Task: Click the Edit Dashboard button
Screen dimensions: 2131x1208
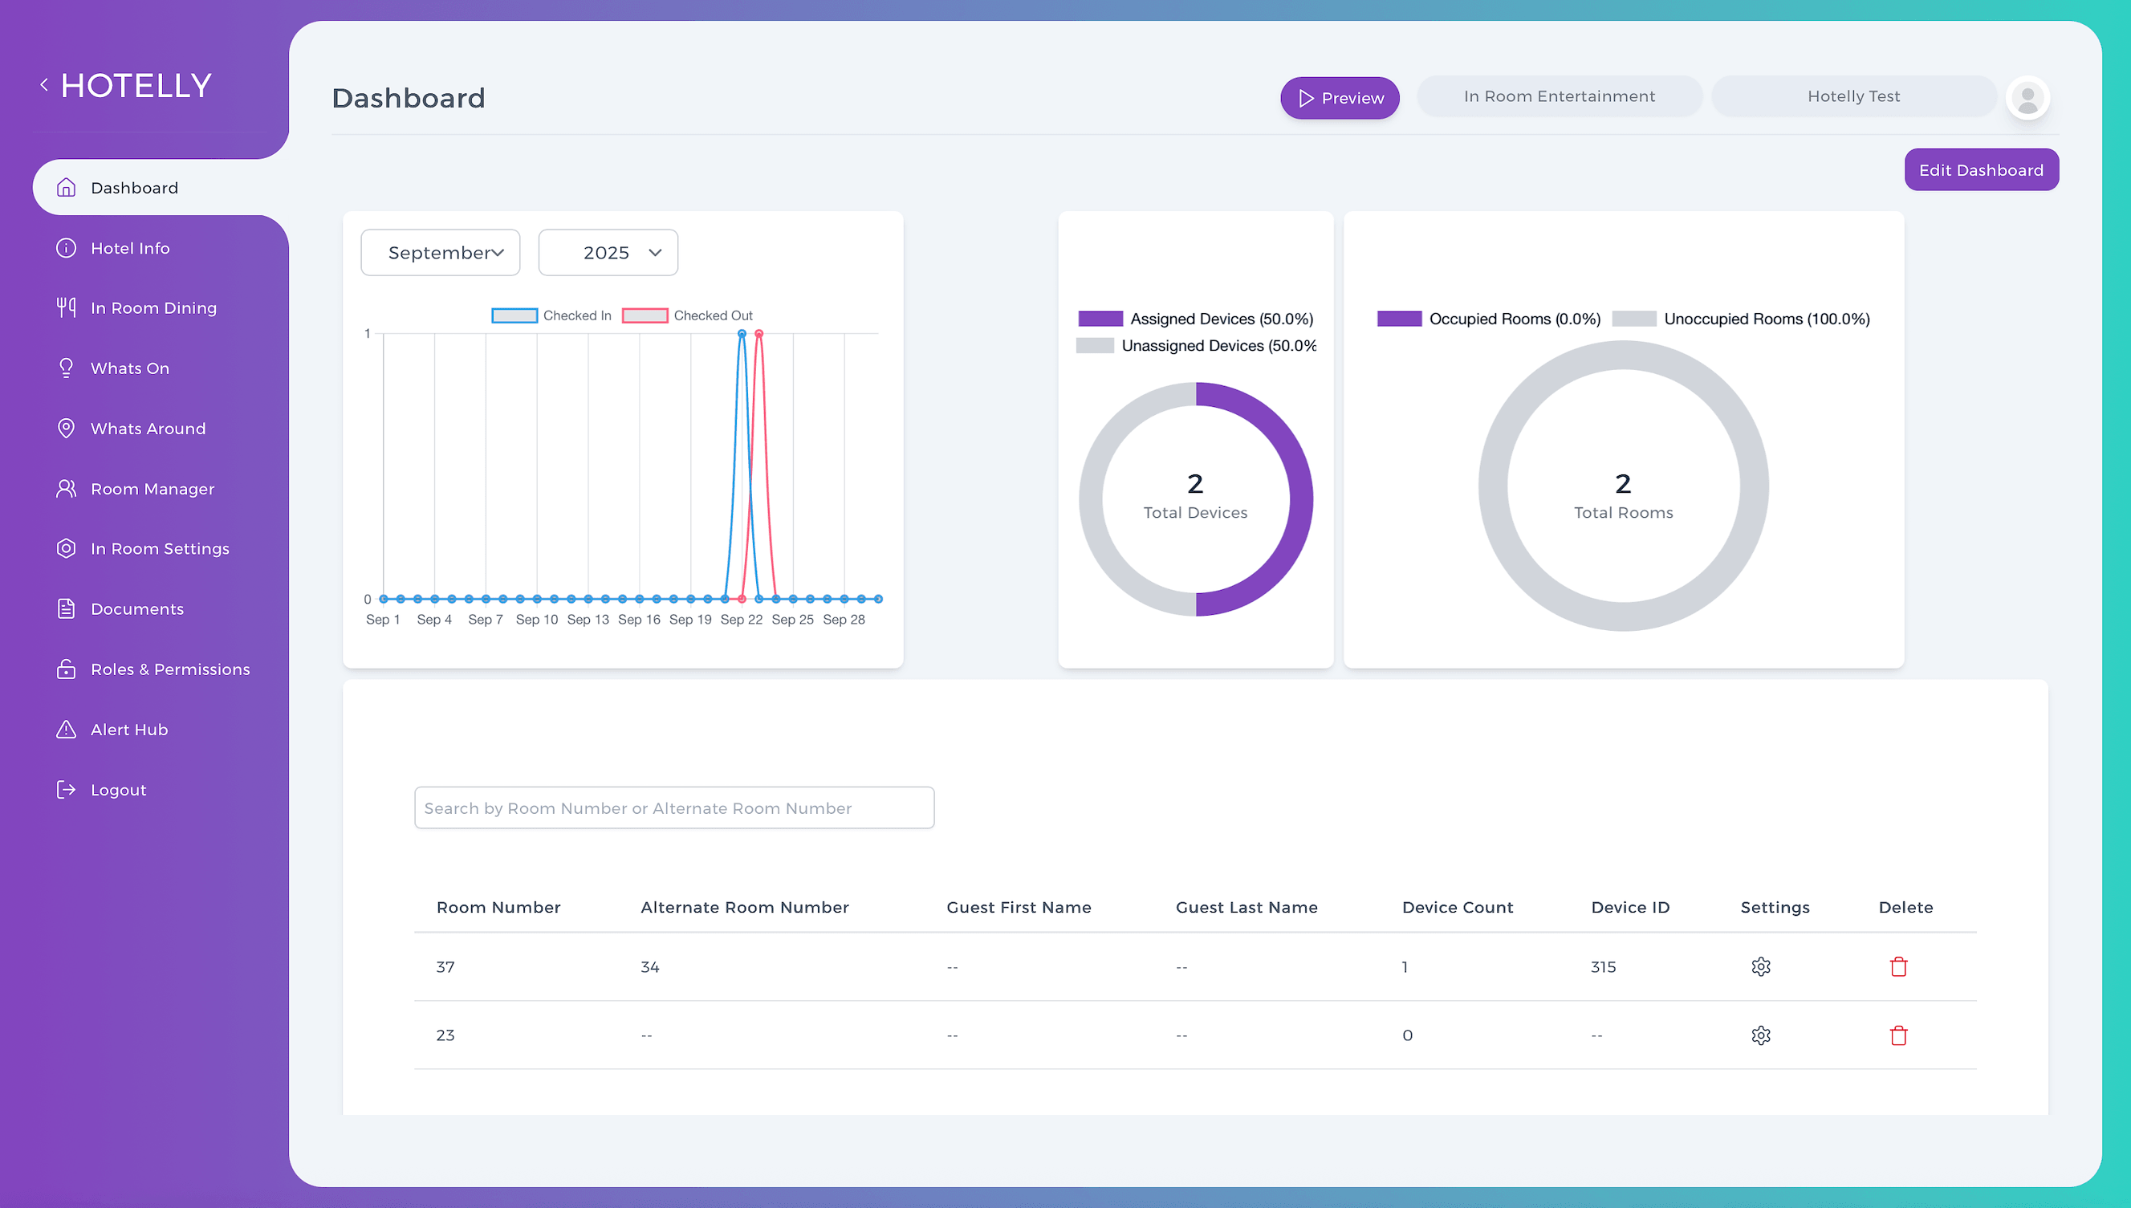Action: [1981, 169]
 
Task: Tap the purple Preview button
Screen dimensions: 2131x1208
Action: [1340, 98]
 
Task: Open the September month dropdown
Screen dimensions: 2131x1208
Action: [441, 252]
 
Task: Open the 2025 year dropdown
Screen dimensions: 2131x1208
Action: [608, 252]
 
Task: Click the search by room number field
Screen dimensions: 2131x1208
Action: [674, 807]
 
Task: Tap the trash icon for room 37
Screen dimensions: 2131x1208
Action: [1899, 966]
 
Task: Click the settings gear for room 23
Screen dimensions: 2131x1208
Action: [1761, 1035]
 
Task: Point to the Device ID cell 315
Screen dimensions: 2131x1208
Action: [1604, 966]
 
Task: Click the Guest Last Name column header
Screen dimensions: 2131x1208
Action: [1246, 907]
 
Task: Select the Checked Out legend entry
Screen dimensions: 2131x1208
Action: [688, 315]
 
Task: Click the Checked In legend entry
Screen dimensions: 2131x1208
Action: [551, 315]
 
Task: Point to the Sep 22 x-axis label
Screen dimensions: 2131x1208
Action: [742, 620]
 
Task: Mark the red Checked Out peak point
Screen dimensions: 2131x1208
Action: [759, 334]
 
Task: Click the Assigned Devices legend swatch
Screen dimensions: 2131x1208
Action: [1100, 319]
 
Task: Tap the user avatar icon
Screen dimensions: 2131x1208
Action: [2028, 98]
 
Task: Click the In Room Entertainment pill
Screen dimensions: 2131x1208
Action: [1560, 96]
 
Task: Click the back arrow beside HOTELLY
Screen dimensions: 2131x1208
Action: [44, 84]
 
